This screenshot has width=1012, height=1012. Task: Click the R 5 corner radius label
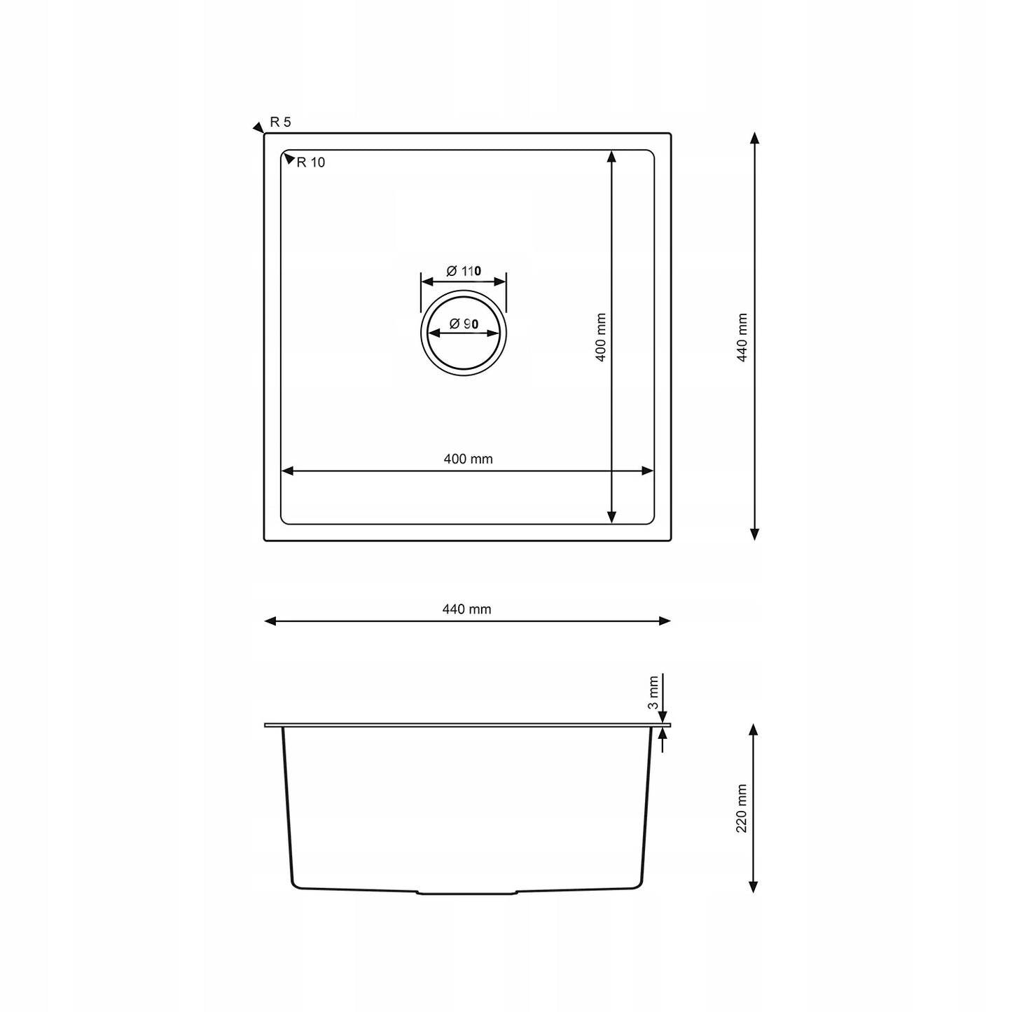(280, 122)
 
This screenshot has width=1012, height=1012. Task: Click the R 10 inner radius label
(310, 163)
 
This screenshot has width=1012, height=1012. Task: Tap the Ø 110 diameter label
(464, 270)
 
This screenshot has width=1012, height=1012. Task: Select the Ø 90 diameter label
(464, 324)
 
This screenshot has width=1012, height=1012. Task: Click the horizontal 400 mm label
(468, 459)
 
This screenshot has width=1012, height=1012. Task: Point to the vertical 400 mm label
(600, 337)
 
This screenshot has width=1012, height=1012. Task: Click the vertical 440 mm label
(742, 337)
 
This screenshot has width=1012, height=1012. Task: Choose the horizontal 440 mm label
(466, 609)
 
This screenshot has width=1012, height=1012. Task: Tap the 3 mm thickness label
(653, 692)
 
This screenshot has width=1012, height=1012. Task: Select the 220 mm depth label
(742, 808)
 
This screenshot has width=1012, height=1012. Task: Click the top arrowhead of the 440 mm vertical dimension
(754, 138)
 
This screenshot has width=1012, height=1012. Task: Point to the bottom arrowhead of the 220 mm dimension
(754, 886)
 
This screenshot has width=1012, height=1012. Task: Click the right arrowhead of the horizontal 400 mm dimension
(647, 471)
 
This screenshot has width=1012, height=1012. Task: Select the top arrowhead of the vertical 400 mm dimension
(611, 156)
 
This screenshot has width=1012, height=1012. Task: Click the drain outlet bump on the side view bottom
(467, 893)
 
